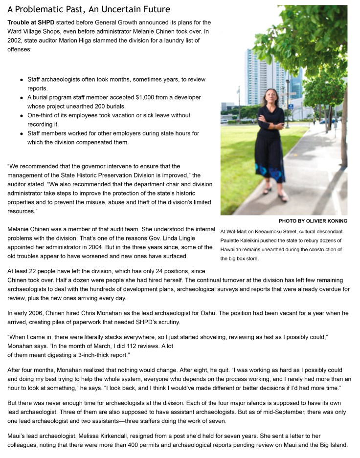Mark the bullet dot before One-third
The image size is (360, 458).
(22, 116)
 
